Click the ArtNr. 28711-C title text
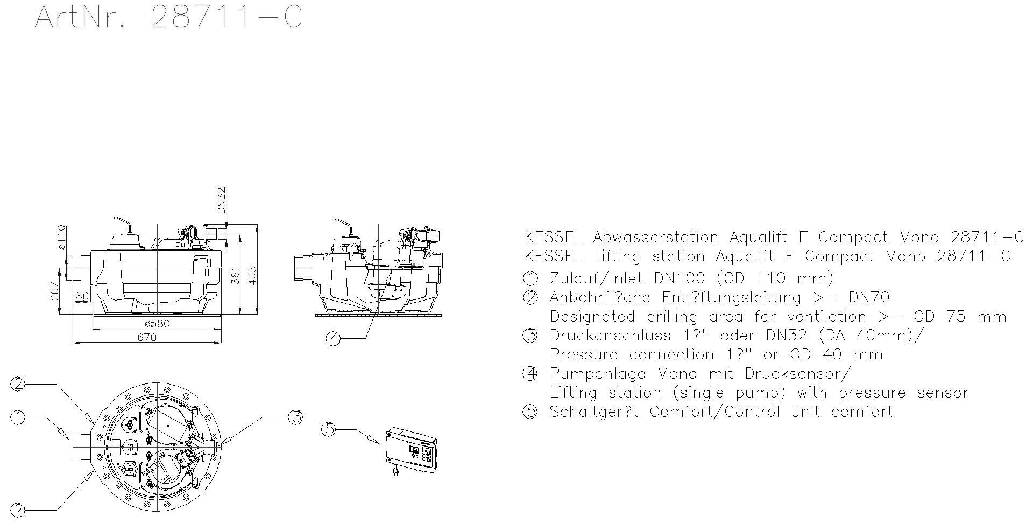168,17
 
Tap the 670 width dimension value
147,337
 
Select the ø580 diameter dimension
157,324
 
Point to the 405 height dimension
253,275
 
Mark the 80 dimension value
82,297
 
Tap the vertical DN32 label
222,200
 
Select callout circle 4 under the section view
334,339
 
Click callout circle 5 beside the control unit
329,429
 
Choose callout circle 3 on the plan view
295,416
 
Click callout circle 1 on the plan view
18,417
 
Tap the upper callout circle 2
18,384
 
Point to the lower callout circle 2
18,510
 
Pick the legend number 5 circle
530,413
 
